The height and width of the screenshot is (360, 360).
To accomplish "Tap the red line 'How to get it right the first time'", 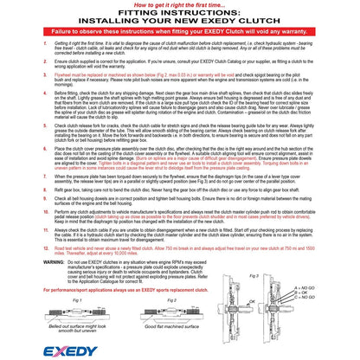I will click(x=179, y=4).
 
